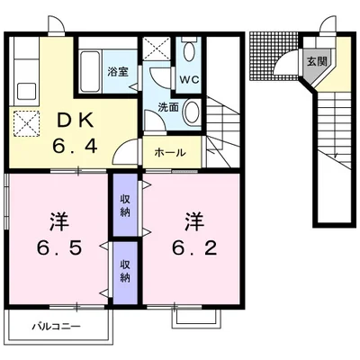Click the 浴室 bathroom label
click(118, 72)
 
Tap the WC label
click(189, 79)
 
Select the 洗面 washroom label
click(168, 107)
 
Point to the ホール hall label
click(170, 153)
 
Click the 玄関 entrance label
click(317, 62)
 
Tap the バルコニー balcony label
click(57, 326)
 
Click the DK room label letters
click(75, 121)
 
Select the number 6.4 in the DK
click(75, 147)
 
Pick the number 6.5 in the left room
click(59, 248)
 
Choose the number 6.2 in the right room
click(194, 248)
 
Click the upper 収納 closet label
click(125, 205)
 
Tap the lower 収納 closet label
click(125, 271)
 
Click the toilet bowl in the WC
click(189, 50)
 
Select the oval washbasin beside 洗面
click(192, 111)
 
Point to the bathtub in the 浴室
click(90, 71)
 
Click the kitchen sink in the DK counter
click(27, 91)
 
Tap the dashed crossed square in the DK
click(26, 123)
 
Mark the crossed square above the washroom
click(157, 48)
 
